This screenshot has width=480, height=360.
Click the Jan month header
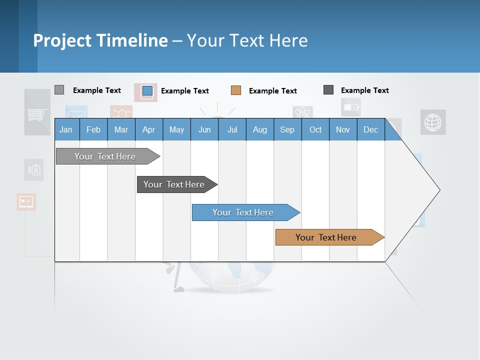[x=66, y=129]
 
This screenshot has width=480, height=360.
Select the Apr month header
[x=148, y=129]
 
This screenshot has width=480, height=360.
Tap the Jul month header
[x=232, y=129]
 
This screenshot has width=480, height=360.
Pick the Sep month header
[x=287, y=129]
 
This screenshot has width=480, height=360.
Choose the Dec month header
[x=370, y=129]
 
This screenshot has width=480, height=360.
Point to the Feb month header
[x=93, y=129]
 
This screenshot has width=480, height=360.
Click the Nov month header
[x=343, y=129]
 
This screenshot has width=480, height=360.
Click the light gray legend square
[x=59, y=90]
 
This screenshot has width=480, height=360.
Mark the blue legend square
[x=147, y=90]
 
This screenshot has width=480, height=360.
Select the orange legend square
[x=236, y=90]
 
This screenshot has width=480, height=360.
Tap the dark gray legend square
[x=328, y=90]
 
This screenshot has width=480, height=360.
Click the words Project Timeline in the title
[x=100, y=40]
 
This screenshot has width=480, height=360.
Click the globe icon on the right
[x=432, y=122]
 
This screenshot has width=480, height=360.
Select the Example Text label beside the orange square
[x=272, y=91]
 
